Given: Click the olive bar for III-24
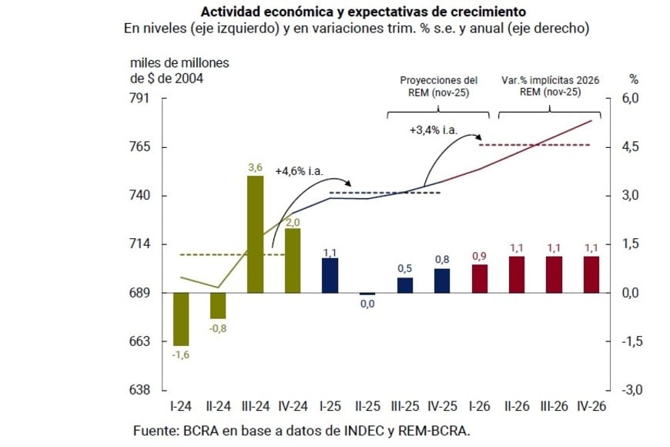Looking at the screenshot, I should (256, 234).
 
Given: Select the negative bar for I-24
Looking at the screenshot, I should (181, 318).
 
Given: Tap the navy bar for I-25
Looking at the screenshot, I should (330, 275).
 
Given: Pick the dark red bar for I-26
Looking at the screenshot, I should (479, 278).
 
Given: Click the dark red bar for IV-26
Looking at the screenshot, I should (591, 274).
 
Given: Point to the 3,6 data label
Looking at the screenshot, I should (256, 167).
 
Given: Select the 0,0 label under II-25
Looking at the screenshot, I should (367, 304).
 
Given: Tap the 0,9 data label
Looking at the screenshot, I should (479, 256).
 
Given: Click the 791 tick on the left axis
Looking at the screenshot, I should (145, 99).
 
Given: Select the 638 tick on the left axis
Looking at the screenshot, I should (145, 390).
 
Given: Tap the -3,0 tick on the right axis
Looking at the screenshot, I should (631, 390).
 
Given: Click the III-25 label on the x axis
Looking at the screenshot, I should (404, 406).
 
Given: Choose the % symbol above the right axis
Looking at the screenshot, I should (634, 79).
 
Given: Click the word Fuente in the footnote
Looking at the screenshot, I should (156, 429).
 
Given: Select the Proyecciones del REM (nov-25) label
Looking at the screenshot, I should (438, 86).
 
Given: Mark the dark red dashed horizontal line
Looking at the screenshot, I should (545, 145).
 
